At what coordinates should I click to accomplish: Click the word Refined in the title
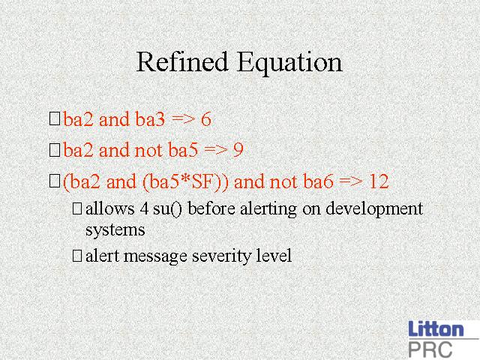pyautogui.click(x=182, y=61)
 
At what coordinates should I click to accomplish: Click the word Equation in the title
pyautogui.click(x=289, y=64)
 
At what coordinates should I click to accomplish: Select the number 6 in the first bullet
pyautogui.click(x=206, y=119)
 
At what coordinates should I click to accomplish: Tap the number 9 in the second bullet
pyautogui.click(x=238, y=150)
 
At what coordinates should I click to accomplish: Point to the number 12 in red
pyautogui.click(x=379, y=181)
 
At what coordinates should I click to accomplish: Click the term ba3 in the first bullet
pyautogui.click(x=150, y=118)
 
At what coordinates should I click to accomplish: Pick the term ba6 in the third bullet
pyautogui.click(x=318, y=181)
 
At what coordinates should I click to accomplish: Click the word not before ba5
pyautogui.click(x=148, y=150)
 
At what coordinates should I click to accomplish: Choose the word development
pyautogui.click(x=374, y=210)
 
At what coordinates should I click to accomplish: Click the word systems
pyautogui.click(x=115, y=230)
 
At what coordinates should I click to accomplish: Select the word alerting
pyautogui.click(x=268, y=210)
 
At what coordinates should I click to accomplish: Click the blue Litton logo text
pyautogui.click(x=436, y=328)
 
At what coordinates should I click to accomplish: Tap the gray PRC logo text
pyautogui.click(x=430, y=349)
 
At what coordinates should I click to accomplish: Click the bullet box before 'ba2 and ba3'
pyautogui.click(x=55, y=118)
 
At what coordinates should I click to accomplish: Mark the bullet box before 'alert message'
pyautogui.click(x=77, y=256)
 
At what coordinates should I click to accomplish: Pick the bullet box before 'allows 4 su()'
pyautogui.click(x=77, y=208)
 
